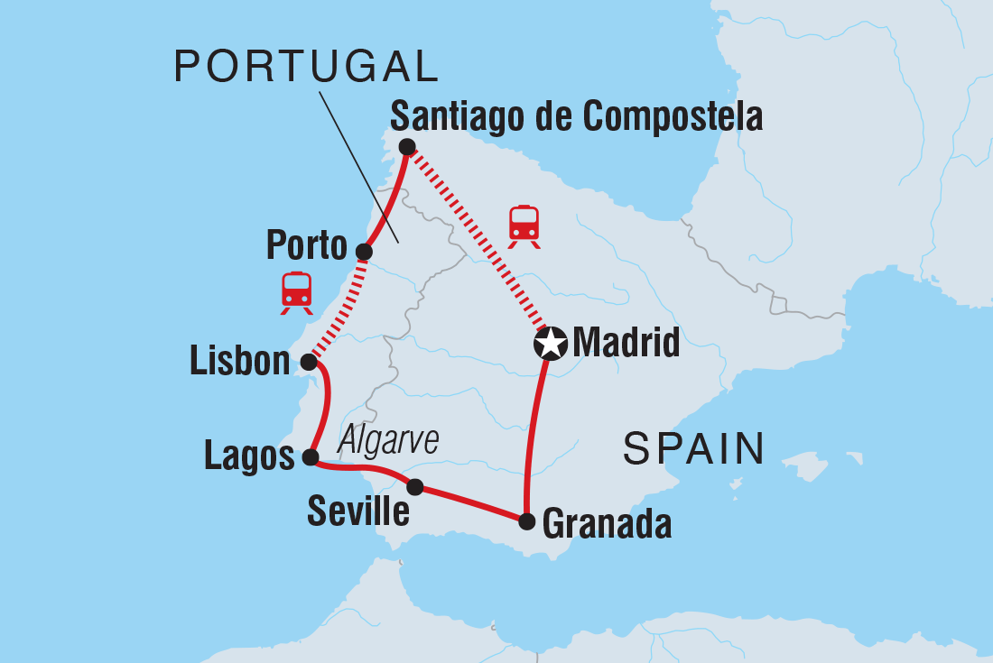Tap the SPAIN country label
[x=694, y=448]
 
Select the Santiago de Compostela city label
[x=576, y=116]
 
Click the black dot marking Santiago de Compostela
[x=407, y=146]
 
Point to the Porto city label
[x=307, y=244]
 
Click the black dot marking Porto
[x=364, y=252]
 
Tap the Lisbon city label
[x=240, y=362]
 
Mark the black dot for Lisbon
[x=308, y=362]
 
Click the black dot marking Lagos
[x=310, y=457]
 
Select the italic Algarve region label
[x=388, y=441]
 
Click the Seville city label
[x=358, y=511]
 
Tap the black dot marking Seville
[x=414, y=487]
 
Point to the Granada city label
[x=607, y=523]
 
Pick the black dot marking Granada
[x=527, y=521]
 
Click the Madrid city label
[x=626, y=343]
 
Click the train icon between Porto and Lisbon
[x=296, y=292]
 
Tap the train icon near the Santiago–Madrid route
[x=524, y=226]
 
